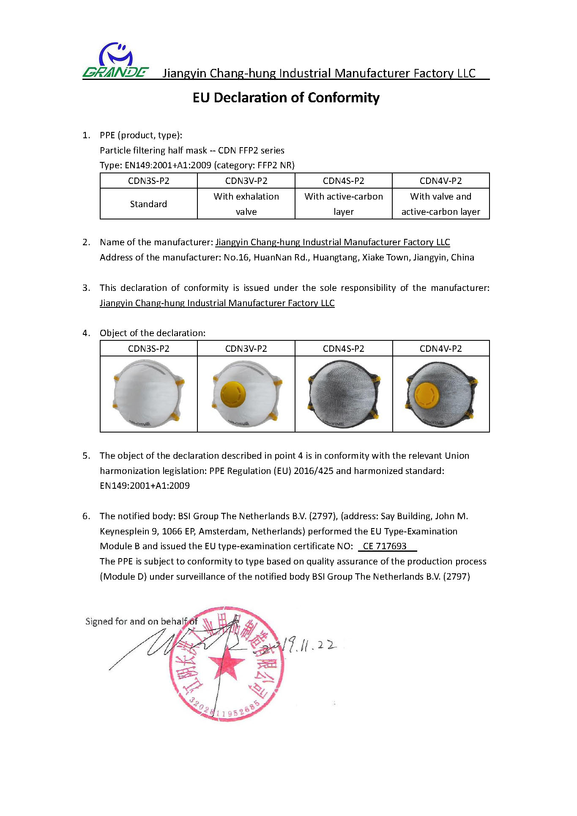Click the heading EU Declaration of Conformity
[x=286, y=98]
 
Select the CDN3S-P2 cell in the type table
[x=148, y=181]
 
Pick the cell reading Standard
[x=148, y=204]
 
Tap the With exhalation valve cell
[x=246, y=204]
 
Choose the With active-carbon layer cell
[x=343, y=204]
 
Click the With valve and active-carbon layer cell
[x=440, y=204]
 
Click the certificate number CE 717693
[x=385, y=546]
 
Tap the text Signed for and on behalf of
[x=141, y=622]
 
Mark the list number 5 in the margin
[x=86, y=456]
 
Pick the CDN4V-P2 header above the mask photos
[x=440, y=349]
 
